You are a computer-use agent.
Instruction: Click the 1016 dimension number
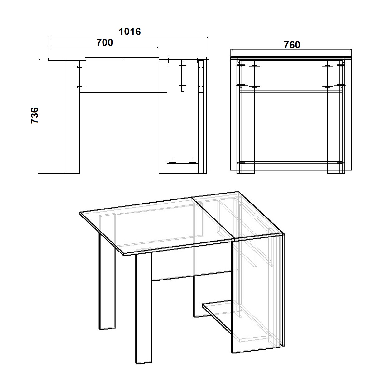[x=130, y=31]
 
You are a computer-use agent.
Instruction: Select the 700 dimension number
[x=105, y=42]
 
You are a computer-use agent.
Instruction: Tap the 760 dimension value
[x=292, y=45]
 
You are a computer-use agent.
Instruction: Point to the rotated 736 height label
[x=35, y=115]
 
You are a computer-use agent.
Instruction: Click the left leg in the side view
[x=72, y=117]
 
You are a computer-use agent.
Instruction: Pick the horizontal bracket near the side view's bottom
[x=183, y=162]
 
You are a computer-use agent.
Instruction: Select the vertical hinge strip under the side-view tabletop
[x=182, y=75]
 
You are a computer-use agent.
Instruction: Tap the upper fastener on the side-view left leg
[x=80, y=67]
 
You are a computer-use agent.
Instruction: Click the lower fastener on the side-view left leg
[x=80, y=87]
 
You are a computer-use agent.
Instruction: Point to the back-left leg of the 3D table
[x=107, y=281]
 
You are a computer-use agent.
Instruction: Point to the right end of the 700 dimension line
[x=159, y=47]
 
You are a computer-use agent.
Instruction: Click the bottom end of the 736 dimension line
[x=39, y=173]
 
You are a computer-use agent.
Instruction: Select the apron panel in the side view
[x=123, y=77]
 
